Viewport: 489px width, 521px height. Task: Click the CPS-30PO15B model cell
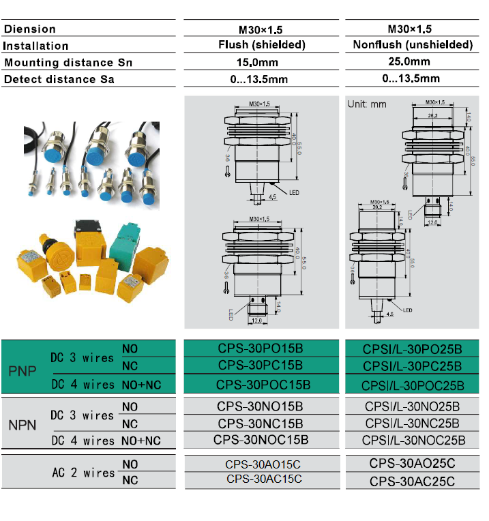point(261,348)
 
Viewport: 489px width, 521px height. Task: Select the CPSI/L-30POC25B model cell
point(412,384)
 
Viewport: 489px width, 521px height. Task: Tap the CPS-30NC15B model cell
point(261,423)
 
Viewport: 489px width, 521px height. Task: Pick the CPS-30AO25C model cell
point(412,464)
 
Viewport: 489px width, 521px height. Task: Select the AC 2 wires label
point(83,473)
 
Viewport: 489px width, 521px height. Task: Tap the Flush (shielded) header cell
point(261,45)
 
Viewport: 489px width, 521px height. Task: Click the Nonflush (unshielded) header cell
point(413,45)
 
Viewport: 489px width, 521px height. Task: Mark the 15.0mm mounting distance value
point(261,62)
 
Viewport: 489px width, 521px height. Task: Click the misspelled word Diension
point(30,29)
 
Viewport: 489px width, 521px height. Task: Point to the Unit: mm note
point(367,104)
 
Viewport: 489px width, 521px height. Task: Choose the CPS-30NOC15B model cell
point(261,439)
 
